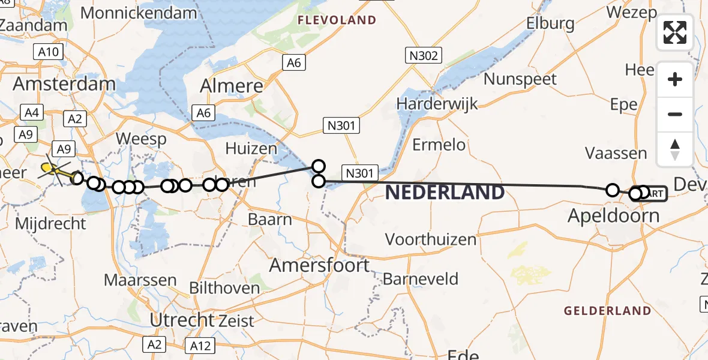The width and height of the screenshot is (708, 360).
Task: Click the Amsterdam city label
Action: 64,83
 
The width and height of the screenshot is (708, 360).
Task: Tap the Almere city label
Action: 232,86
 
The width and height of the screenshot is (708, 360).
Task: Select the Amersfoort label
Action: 319,265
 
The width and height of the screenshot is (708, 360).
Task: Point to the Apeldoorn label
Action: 613,214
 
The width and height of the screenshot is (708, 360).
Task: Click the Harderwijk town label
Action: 437,103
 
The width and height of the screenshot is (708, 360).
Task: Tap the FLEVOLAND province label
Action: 337,20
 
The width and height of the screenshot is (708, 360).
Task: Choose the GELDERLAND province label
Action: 607,311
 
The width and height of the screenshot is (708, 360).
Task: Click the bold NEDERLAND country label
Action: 445,193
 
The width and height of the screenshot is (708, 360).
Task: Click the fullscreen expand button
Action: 675,32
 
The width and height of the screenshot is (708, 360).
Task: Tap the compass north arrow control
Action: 675,149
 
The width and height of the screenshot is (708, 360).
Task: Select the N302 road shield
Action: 424,56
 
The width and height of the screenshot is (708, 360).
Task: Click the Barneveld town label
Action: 420,279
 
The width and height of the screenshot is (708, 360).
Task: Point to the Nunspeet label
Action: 520,79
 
